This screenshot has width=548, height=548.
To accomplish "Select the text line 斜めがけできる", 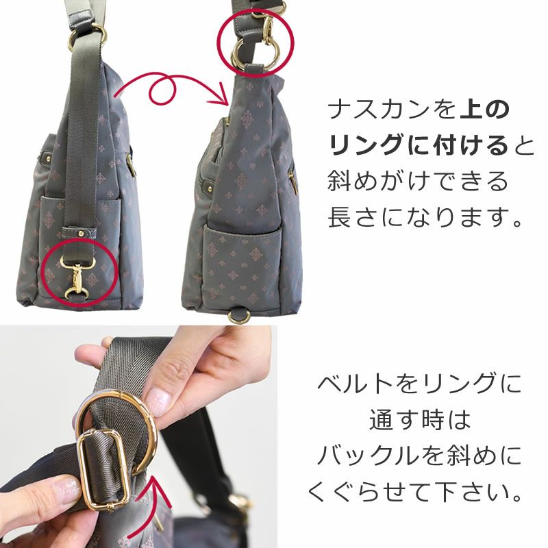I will [x=419, y=182].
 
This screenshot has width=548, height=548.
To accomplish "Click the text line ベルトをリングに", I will [x=419, y=384].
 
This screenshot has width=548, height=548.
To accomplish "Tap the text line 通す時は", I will [x=419, y=419].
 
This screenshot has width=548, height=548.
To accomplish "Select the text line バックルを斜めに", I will [x=419, y=455].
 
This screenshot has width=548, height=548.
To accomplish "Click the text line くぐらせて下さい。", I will [x=419, y=491].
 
